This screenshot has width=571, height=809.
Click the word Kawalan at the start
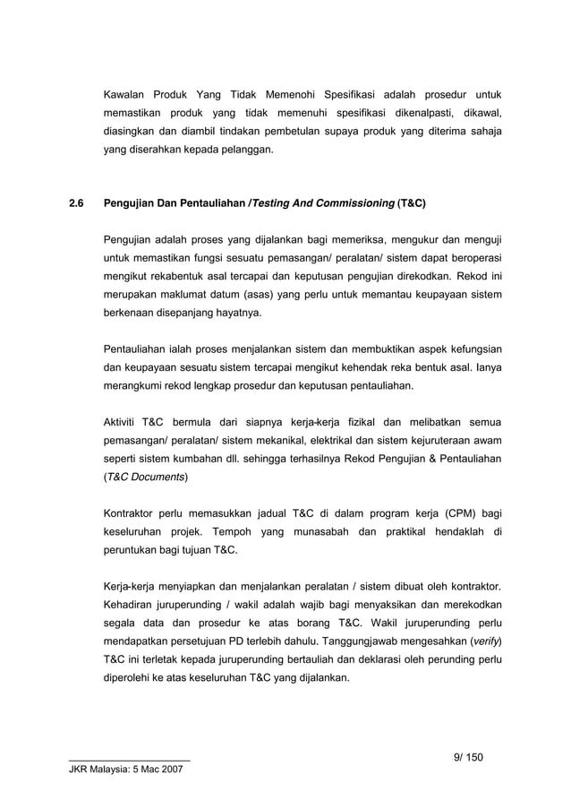coord(125,95)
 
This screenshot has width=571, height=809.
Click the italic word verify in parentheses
coord(487,641)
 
